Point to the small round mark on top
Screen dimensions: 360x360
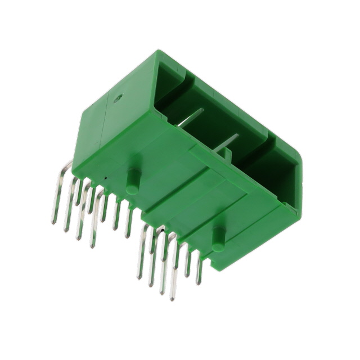pos(118,100)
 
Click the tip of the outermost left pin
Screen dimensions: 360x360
pos(53,222)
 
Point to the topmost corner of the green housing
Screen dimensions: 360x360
pos(155,52)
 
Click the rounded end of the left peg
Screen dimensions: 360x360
pos(133,190)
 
